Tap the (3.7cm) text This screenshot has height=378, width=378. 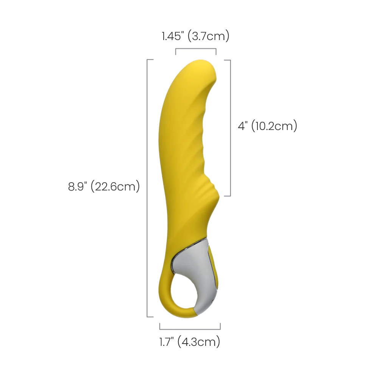pyautogui.click(x=208, y=36)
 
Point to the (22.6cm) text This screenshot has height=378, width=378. pyautogui.click(x=115, y=186)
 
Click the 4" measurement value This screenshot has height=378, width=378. pyautogui.click(x=243, y=126)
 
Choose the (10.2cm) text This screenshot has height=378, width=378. pyautogui.click(x=274, y=126)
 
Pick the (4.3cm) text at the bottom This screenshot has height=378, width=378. pyautogui.click(x=199, y=342)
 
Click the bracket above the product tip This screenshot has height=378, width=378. pyautogui.click(x=196, y=49)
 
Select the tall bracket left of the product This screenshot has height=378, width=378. pyautogui.click(x=147, y=188)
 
